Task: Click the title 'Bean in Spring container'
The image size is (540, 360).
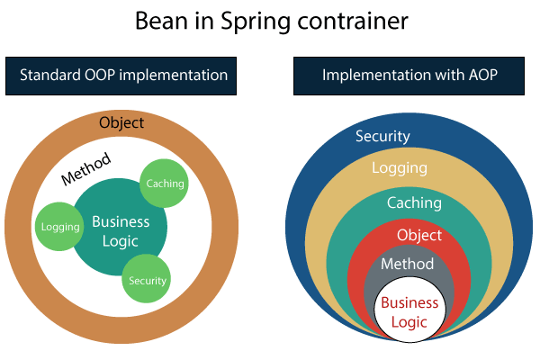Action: click(269, 22)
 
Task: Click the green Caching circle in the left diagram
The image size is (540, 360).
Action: click(165, 184)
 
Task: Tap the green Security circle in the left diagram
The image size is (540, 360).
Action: click(147, 280)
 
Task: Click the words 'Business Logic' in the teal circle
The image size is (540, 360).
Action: click(121, 231)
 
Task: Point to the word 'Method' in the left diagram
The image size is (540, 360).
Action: click(86, 168)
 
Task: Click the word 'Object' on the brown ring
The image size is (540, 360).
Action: click(122, 122)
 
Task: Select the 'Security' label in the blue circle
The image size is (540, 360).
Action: click(382, 137)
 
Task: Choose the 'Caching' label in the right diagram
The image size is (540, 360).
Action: click(414, 202)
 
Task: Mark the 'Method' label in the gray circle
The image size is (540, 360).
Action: click(407, 264)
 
